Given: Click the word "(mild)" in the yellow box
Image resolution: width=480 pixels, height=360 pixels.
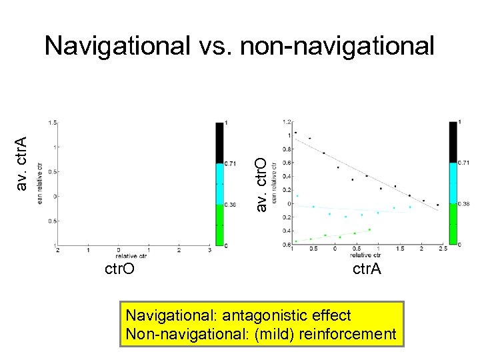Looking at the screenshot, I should (270, 334).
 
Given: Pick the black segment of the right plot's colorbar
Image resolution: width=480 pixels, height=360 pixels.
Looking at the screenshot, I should (453, 142).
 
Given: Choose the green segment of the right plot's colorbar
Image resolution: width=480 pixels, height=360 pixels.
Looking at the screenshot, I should (453, 224).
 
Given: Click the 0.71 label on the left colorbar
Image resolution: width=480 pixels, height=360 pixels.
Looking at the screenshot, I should (231, 163).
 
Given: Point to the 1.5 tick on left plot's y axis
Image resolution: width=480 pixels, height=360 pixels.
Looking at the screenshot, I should (51, 123).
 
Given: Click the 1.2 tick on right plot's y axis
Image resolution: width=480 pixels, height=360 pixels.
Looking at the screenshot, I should (287, 122).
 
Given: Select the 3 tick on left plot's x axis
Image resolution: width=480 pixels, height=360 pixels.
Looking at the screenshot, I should (209, 250).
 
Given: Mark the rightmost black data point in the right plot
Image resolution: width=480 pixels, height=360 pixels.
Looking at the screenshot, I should (437, 205).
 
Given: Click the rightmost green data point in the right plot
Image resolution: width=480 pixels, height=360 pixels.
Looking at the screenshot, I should (369, 229).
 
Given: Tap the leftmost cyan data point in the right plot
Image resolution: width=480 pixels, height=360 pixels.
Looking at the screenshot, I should (297, 196).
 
